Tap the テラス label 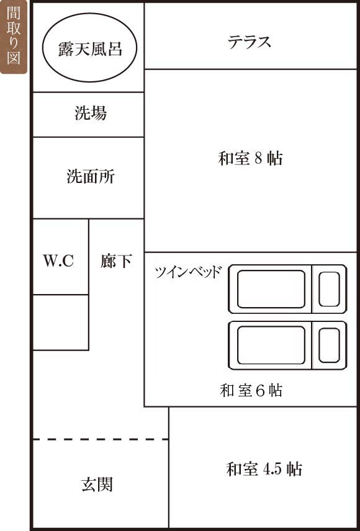click(249, 42)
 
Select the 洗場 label click(91, 113)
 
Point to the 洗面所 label click(91, 176)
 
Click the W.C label click(58, 261)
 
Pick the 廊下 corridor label click(116, 261)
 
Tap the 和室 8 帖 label click(251, 158)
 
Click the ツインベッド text click(189, 272)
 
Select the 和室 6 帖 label click(251, 390)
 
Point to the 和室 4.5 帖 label click(264, 470)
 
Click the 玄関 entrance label click(97, 485)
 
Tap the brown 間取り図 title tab click(14, 37)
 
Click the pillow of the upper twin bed click(329, 289)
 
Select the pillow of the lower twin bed click(329, 345)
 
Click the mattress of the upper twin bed click(271, 289)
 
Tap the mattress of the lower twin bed click(271, 345)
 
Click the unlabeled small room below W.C click(61, 322)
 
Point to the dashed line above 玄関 click(101, 440)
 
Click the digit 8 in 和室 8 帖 click(259, 158)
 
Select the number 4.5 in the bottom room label click(272, 470)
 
